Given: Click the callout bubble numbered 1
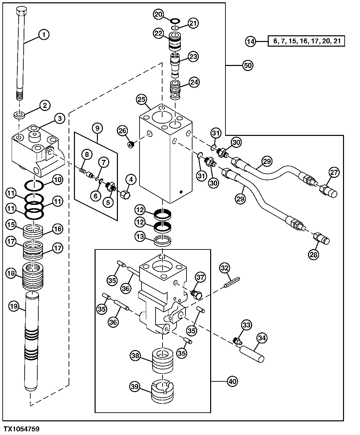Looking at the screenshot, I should pos(44,34).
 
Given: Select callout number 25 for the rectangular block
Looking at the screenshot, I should pos(142,99).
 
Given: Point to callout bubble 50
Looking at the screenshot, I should pos(247,66).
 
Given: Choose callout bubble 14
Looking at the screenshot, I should pos(251,41).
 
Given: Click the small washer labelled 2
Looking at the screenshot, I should pos(19,115).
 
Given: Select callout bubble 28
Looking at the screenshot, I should pos(314,254).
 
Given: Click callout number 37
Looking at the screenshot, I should pos(200,277).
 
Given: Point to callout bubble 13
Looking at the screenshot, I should pos(140,236).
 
